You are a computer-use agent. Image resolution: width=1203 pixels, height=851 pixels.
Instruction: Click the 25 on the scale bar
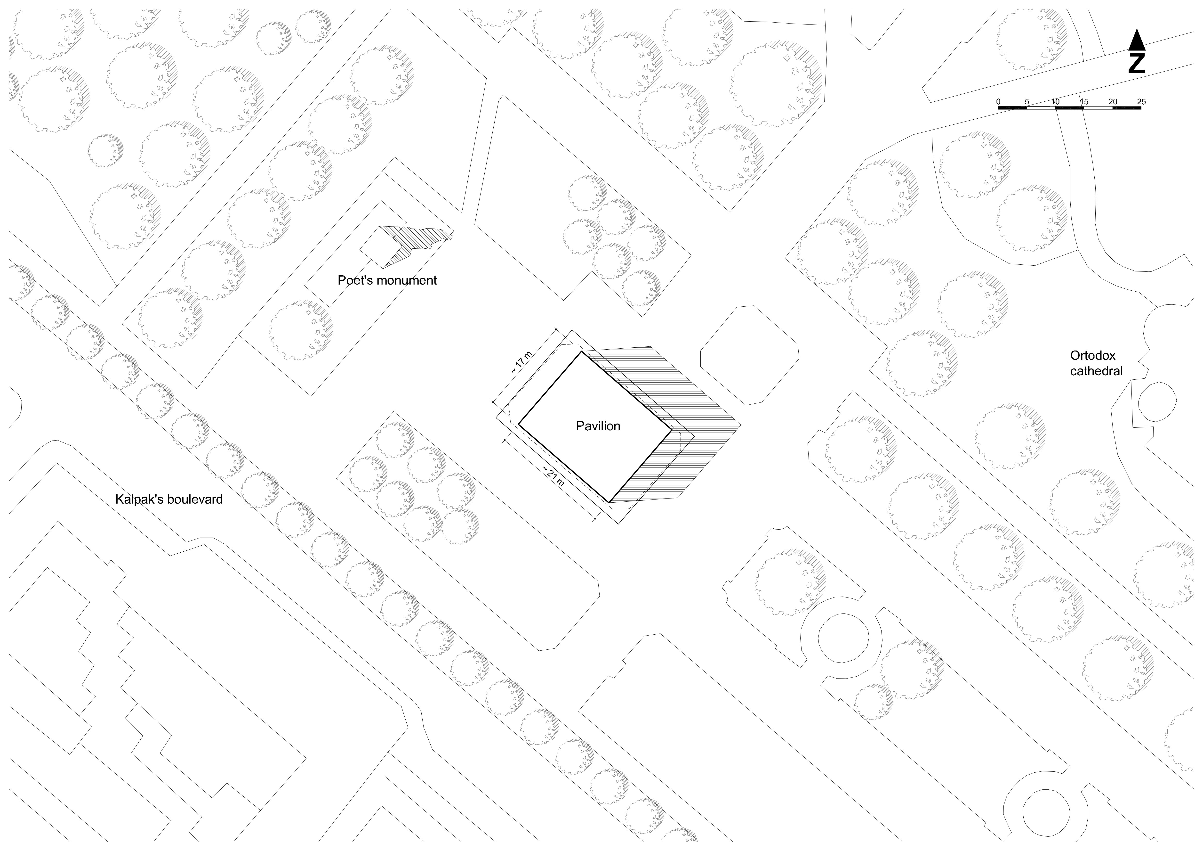[1141, 102]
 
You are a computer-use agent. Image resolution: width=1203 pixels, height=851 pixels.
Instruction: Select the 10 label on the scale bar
[1055, 102]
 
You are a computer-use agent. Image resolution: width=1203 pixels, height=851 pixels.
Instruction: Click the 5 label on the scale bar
[1027, 102]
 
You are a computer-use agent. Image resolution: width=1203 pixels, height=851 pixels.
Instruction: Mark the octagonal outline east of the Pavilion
[749, 355]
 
